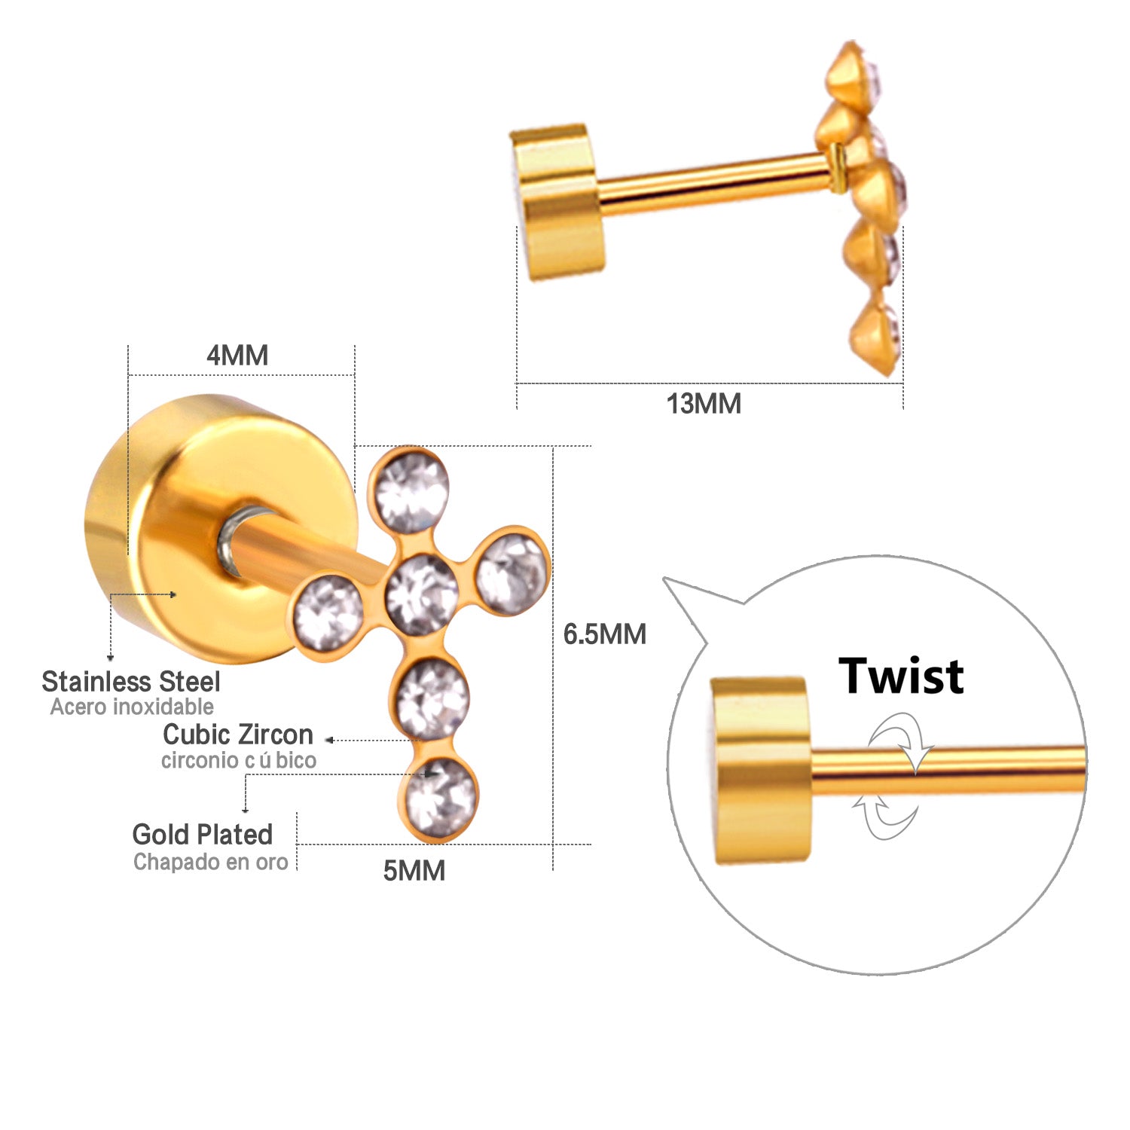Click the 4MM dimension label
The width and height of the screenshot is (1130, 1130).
coord(237,355)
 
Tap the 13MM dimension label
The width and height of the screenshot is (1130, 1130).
coord(704,404)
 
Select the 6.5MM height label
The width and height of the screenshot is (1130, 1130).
coord(605,634)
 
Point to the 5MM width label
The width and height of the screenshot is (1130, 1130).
coord(414,871)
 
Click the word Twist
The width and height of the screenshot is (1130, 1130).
coord(901,676)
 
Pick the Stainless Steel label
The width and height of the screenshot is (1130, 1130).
coord(131,682)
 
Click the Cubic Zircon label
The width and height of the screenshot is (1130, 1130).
coord(238,734)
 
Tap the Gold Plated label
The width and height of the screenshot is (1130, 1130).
coord(203,835)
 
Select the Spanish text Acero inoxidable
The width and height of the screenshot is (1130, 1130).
coord(132,707)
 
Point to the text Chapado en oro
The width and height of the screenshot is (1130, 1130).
coord(211,862)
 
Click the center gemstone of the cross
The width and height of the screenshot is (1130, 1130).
coord(422,594)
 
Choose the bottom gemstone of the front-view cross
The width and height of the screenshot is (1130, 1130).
coord(441,798)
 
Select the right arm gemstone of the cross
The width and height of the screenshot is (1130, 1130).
coord(512,574)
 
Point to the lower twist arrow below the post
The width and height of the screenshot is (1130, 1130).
coord(886,817)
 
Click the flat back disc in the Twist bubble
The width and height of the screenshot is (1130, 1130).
coord(762,770)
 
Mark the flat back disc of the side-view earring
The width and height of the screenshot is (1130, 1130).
coord(557,202)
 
